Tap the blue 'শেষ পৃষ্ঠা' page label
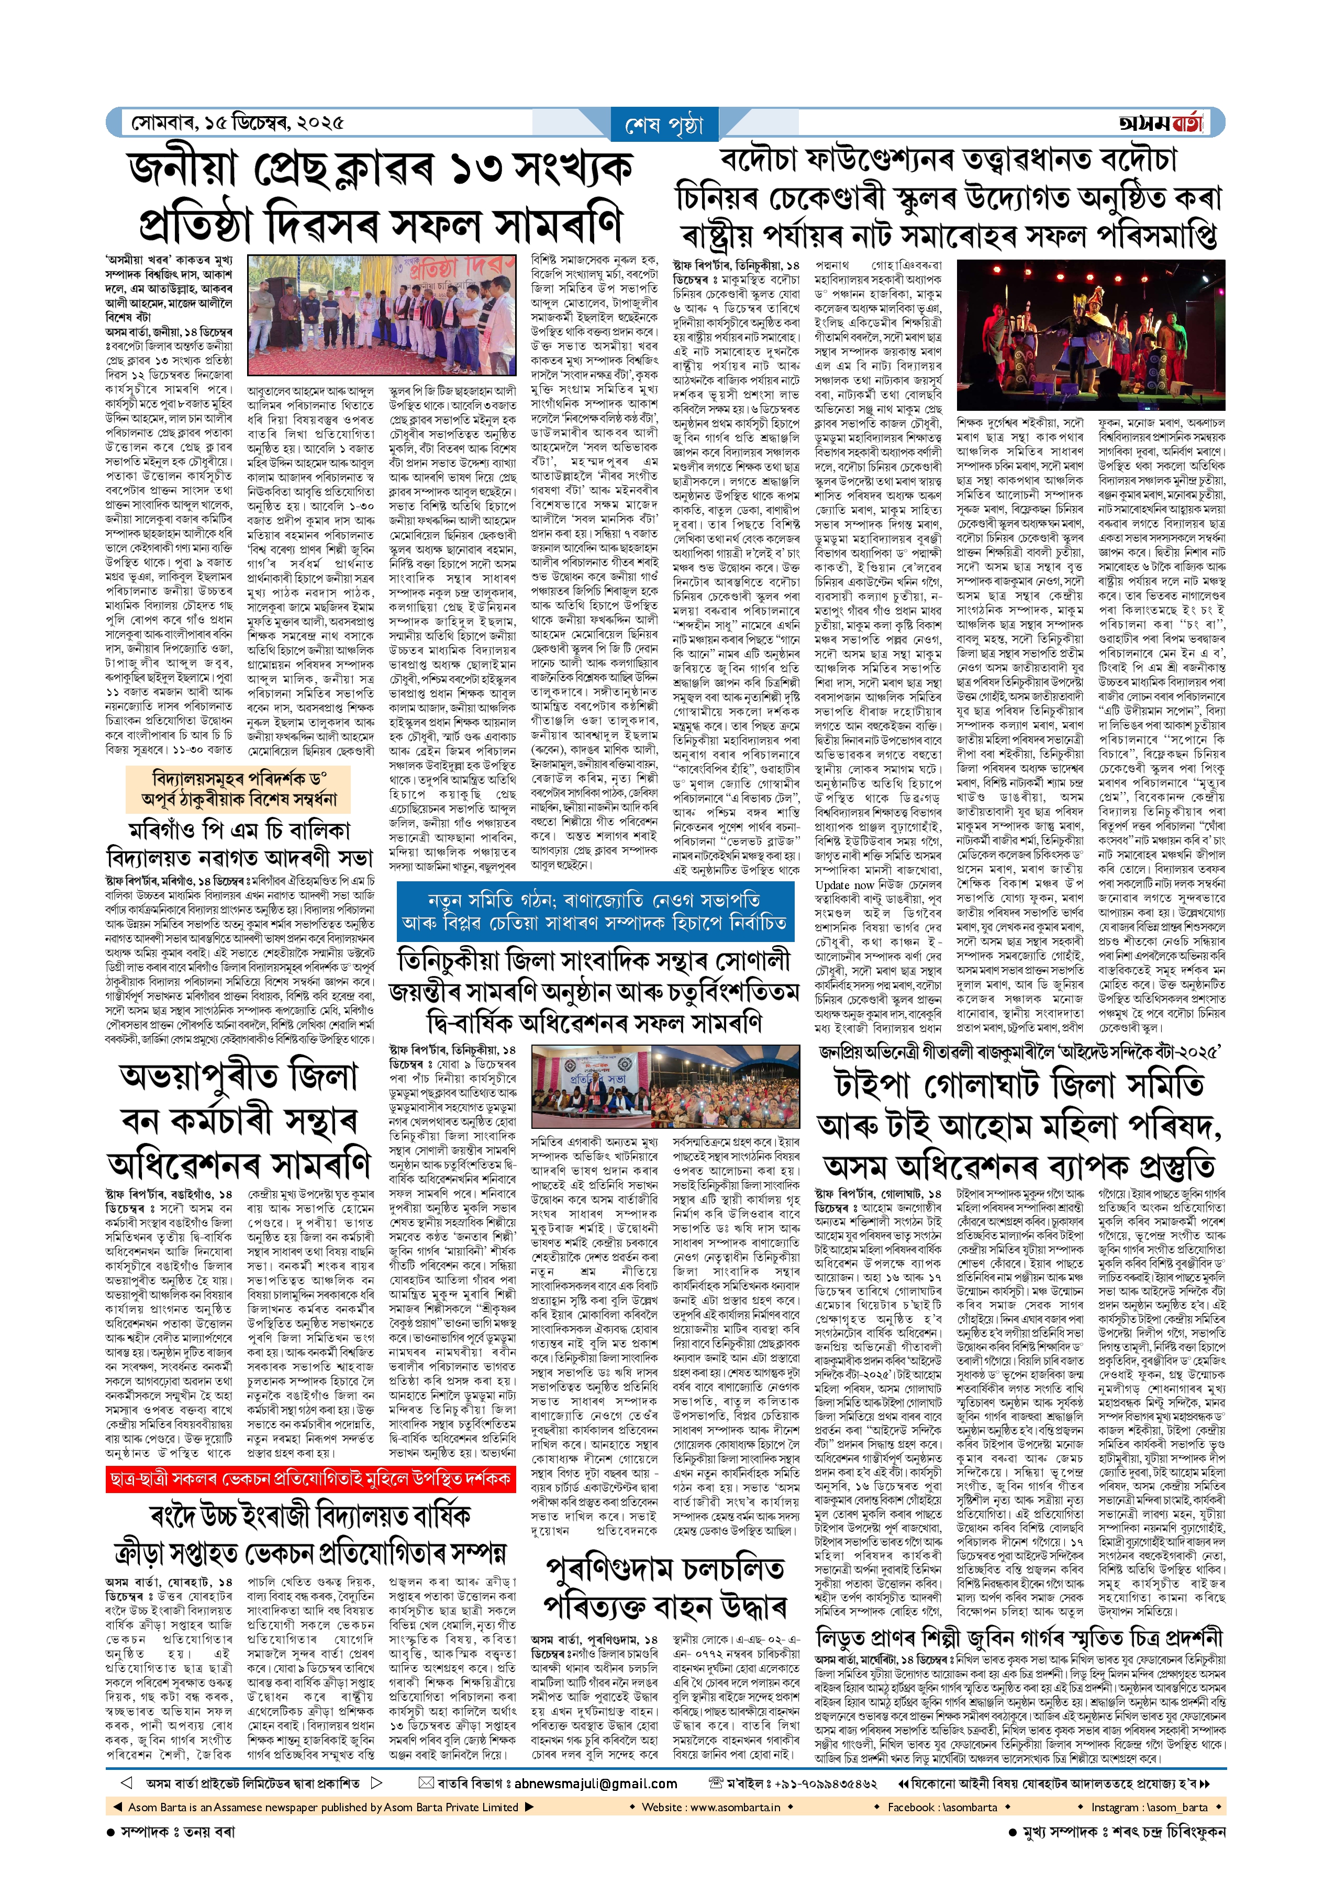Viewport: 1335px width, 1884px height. pyautogui.click(x=664, y=125)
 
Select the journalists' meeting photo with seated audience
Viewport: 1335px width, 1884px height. pyautogui.click(x=665, y=1089)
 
